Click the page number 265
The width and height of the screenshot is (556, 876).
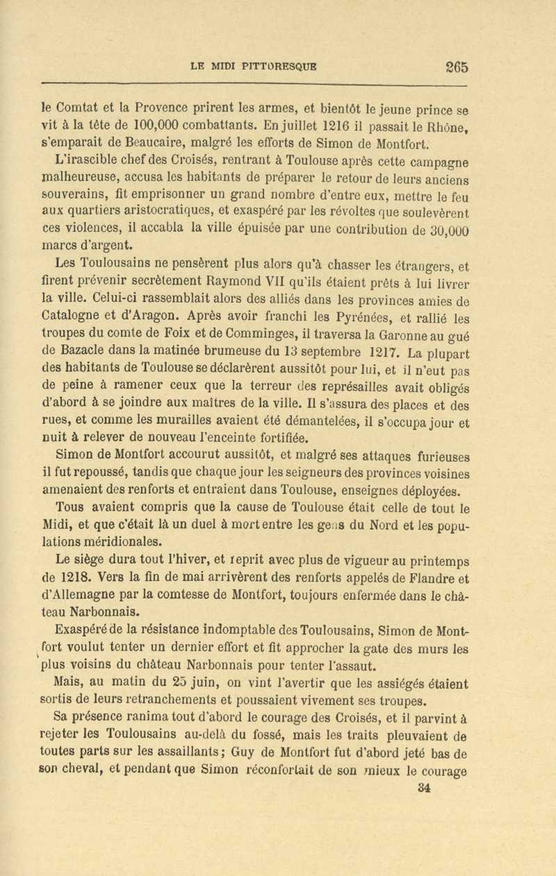tap(452, 67)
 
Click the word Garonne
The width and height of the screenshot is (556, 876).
tap(411, 337)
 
